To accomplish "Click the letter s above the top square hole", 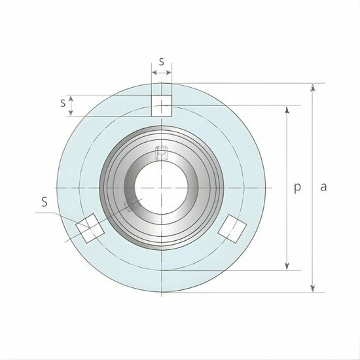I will click(x=161, y=62).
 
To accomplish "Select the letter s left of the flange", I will click(x=63, y=103).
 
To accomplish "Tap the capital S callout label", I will click(x=45, y=202).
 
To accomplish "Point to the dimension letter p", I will click(x=297, y=187).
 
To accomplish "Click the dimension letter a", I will click(x=323, y=187).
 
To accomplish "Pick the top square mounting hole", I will click(x=161, y=105).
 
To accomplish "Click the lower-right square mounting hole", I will click(x=232, y=227).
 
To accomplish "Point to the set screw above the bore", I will click(x=161, y=154).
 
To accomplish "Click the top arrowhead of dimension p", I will click(x=287, y=109).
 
